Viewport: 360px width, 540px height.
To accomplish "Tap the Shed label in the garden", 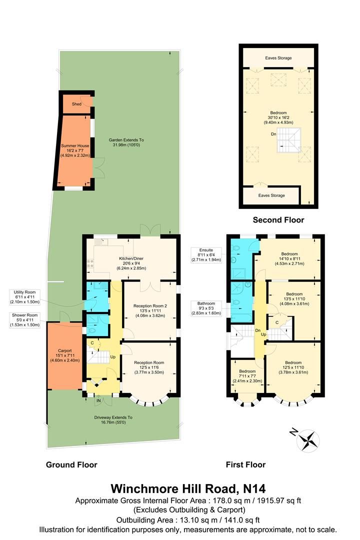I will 76,104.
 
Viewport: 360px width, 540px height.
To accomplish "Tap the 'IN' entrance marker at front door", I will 98,400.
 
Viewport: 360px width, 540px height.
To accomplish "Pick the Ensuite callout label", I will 206,254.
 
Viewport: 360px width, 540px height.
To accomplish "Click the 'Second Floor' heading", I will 278,220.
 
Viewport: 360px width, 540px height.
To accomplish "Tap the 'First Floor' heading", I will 245,464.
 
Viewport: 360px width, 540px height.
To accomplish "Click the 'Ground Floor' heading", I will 71,464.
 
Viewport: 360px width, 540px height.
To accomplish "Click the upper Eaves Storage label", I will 278,58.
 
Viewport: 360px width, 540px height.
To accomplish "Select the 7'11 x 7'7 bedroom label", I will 247,375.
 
